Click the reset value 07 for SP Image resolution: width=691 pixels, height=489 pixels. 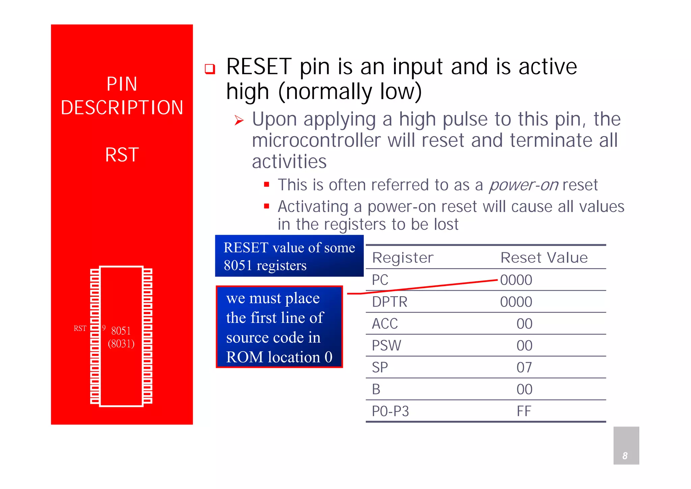524,367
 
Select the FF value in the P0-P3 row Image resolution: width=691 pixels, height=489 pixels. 524,411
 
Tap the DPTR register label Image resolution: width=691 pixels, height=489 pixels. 389,302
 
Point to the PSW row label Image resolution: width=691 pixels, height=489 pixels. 386,346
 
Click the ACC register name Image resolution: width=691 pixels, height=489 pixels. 385,324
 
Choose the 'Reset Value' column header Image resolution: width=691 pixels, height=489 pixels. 544,258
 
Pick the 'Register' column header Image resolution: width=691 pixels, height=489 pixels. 403,258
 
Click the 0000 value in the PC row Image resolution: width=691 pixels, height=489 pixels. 516,280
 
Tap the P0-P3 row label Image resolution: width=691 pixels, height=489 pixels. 390,411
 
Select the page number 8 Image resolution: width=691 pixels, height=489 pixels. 625,456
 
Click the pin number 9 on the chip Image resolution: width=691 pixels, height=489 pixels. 104,328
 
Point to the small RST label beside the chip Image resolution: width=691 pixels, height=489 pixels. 80,328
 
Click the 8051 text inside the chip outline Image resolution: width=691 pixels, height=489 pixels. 121,331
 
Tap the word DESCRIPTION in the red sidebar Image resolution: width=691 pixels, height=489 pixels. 122,108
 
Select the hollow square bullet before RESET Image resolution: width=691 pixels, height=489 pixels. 210,69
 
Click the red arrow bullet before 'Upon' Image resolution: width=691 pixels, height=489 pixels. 239,120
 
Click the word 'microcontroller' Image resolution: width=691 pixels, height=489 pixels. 316,140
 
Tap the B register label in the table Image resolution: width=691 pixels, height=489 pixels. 376,389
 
